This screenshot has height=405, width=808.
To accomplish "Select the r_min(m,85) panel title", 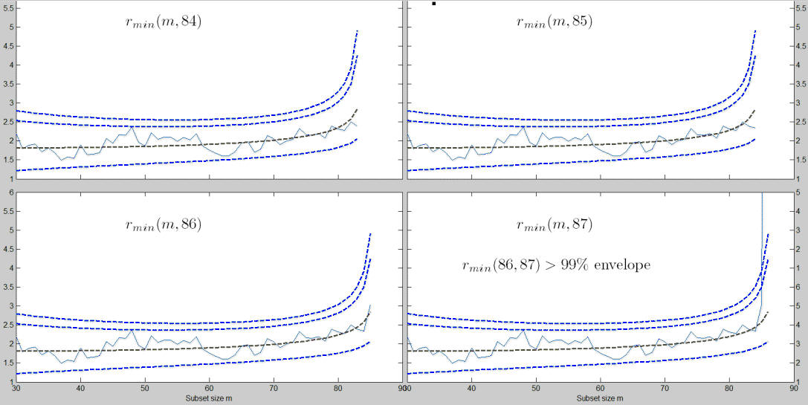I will click(x=555, y=22).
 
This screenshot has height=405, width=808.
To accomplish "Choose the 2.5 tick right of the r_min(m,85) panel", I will click(x=800, y=122).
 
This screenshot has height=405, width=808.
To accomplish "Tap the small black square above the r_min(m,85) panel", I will click(x=433, y=4).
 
